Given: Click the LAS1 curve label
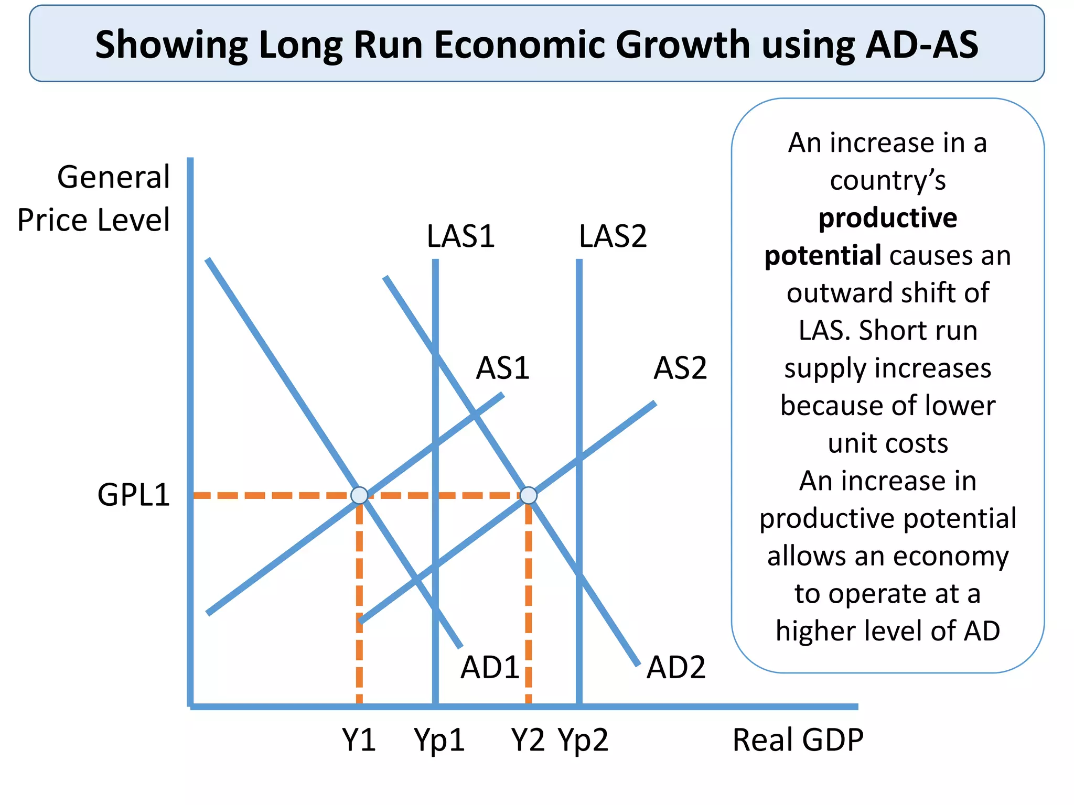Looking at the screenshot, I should (460, 236).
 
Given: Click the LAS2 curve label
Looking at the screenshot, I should (613, 236).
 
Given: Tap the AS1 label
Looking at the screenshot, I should (502, 368).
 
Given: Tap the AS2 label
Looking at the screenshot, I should (680, 368).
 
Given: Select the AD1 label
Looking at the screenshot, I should (489, 668).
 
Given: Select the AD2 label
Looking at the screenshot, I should (675, 668).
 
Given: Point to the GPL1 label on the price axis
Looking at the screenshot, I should (134, 495).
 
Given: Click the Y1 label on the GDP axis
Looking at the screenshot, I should (359, 740).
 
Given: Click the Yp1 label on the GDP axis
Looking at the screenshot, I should (439, 740).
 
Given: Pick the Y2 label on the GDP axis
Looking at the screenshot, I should (528, 740).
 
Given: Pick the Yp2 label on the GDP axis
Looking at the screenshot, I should (583, 740).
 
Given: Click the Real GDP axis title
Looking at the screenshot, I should (797, 740).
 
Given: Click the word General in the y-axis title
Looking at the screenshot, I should (113, 177).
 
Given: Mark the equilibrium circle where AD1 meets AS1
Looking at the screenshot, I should (359, 495).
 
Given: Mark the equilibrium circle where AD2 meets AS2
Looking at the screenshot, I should (528, 495).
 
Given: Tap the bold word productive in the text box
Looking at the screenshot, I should (887, 218).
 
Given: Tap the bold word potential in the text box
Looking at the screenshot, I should (822, 256).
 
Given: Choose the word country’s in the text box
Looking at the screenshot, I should (887, 180).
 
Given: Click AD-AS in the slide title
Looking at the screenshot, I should (921, 45).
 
